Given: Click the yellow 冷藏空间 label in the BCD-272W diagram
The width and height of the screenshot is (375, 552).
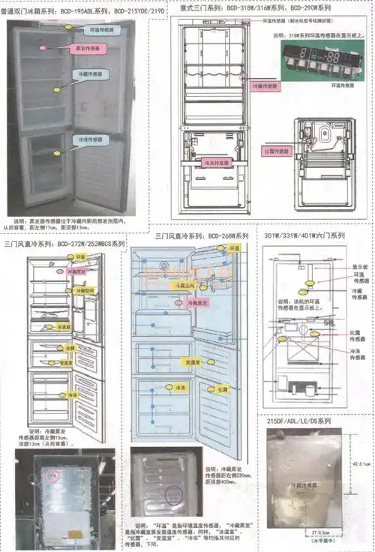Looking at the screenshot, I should click(80, 290).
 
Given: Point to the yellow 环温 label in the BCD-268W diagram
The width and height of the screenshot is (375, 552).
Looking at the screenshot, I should click(234, 248).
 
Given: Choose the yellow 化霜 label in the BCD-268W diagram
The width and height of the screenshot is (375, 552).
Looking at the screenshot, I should click(223, 389).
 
